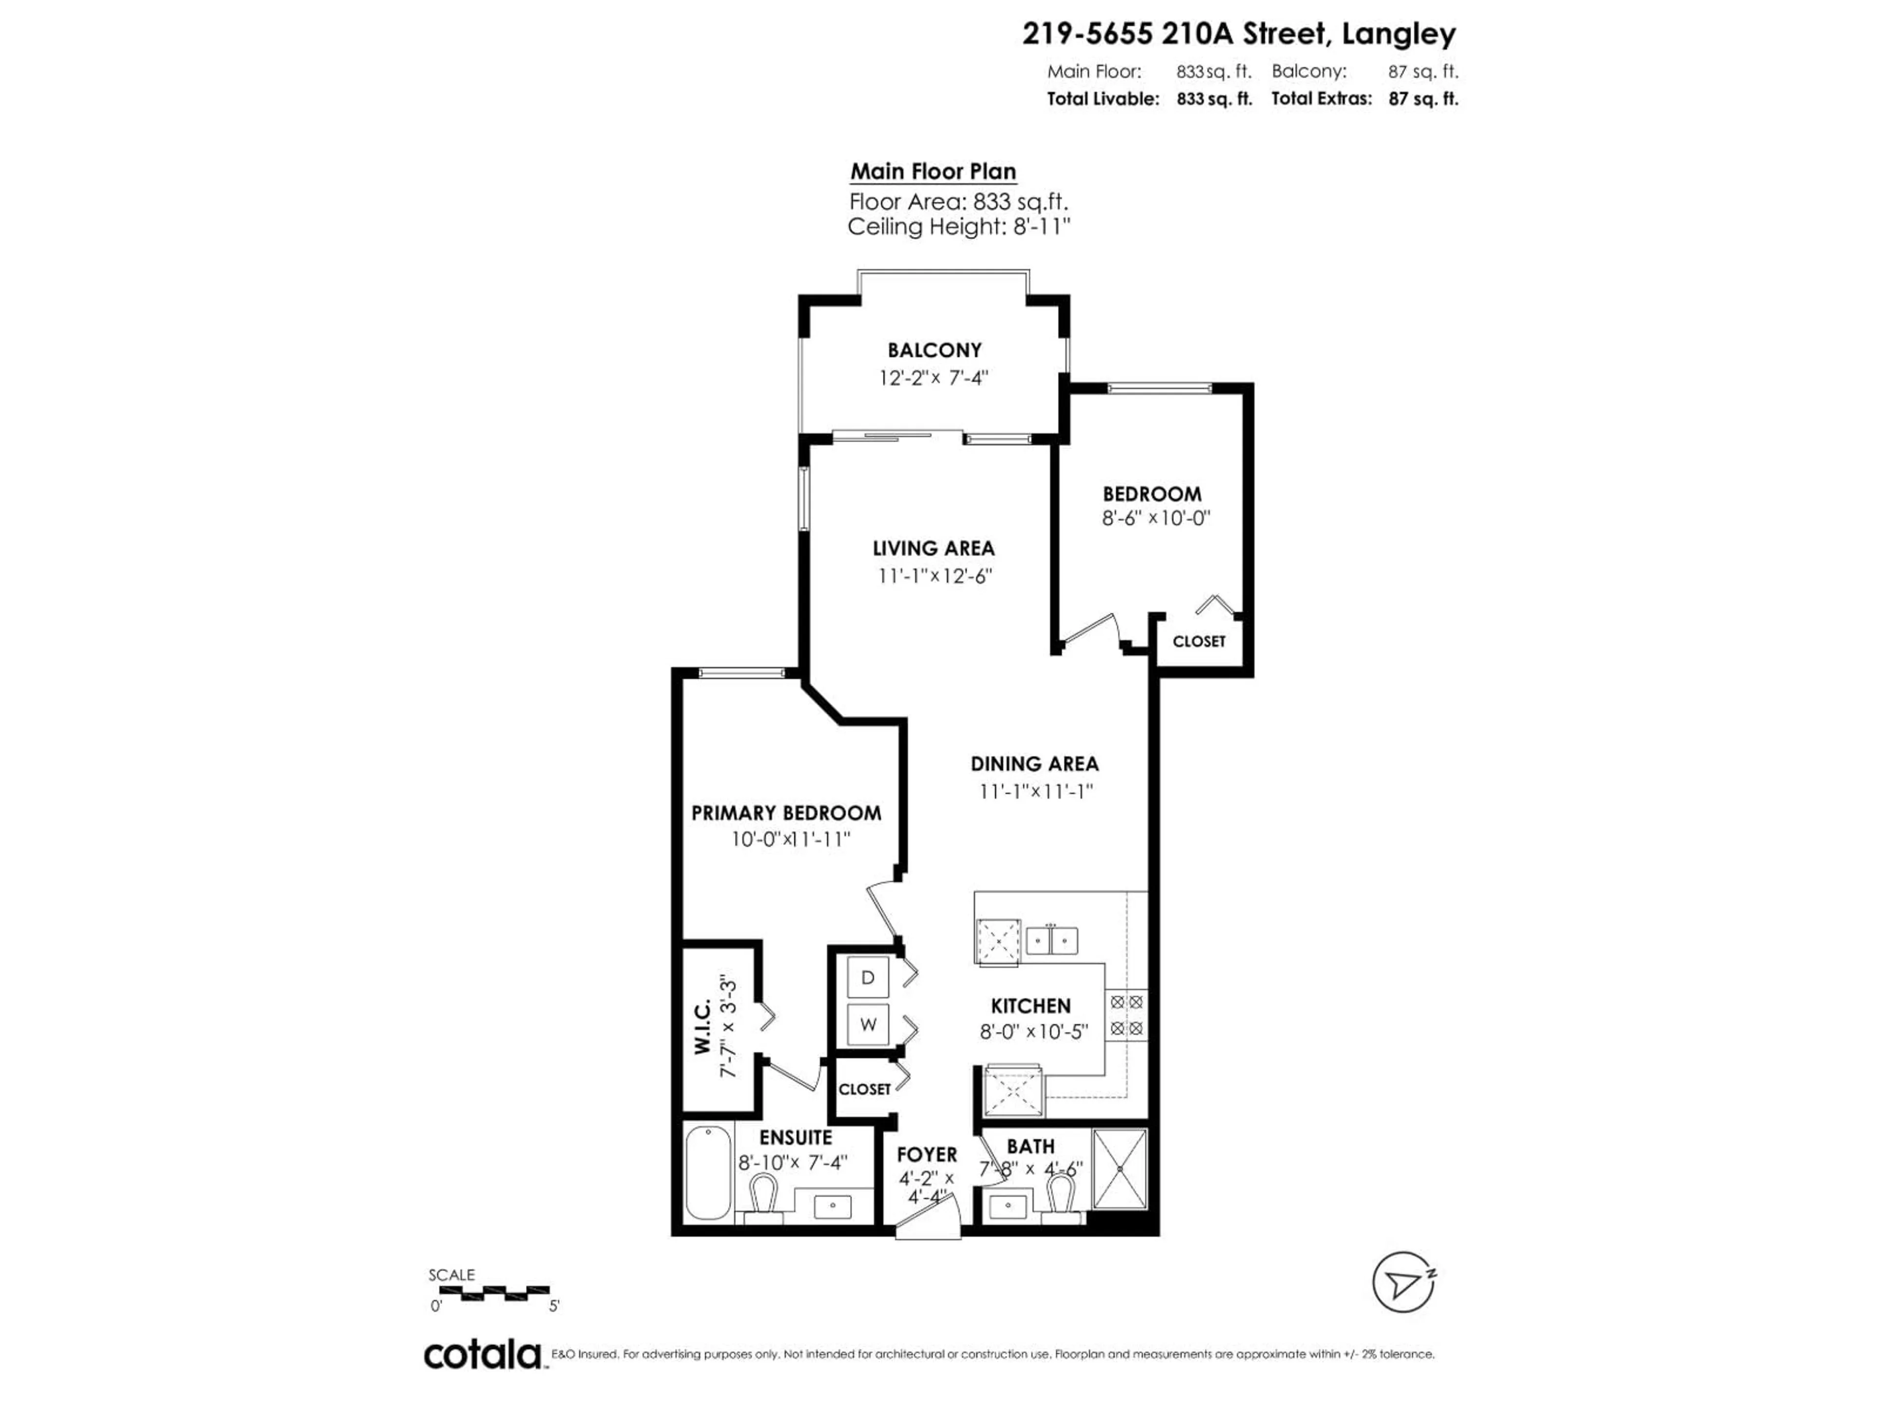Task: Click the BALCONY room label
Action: tap(935, 350)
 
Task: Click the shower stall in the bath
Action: tap(1120, 1169)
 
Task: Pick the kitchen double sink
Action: tap(1052, 941)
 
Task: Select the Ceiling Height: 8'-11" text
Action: tap(958, 227)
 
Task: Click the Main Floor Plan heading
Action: tap(933, 172)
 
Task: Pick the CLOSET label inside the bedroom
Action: tap(1198, 641)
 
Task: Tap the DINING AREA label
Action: tap(1034, 764)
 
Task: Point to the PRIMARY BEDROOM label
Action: tap(786, 813)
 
